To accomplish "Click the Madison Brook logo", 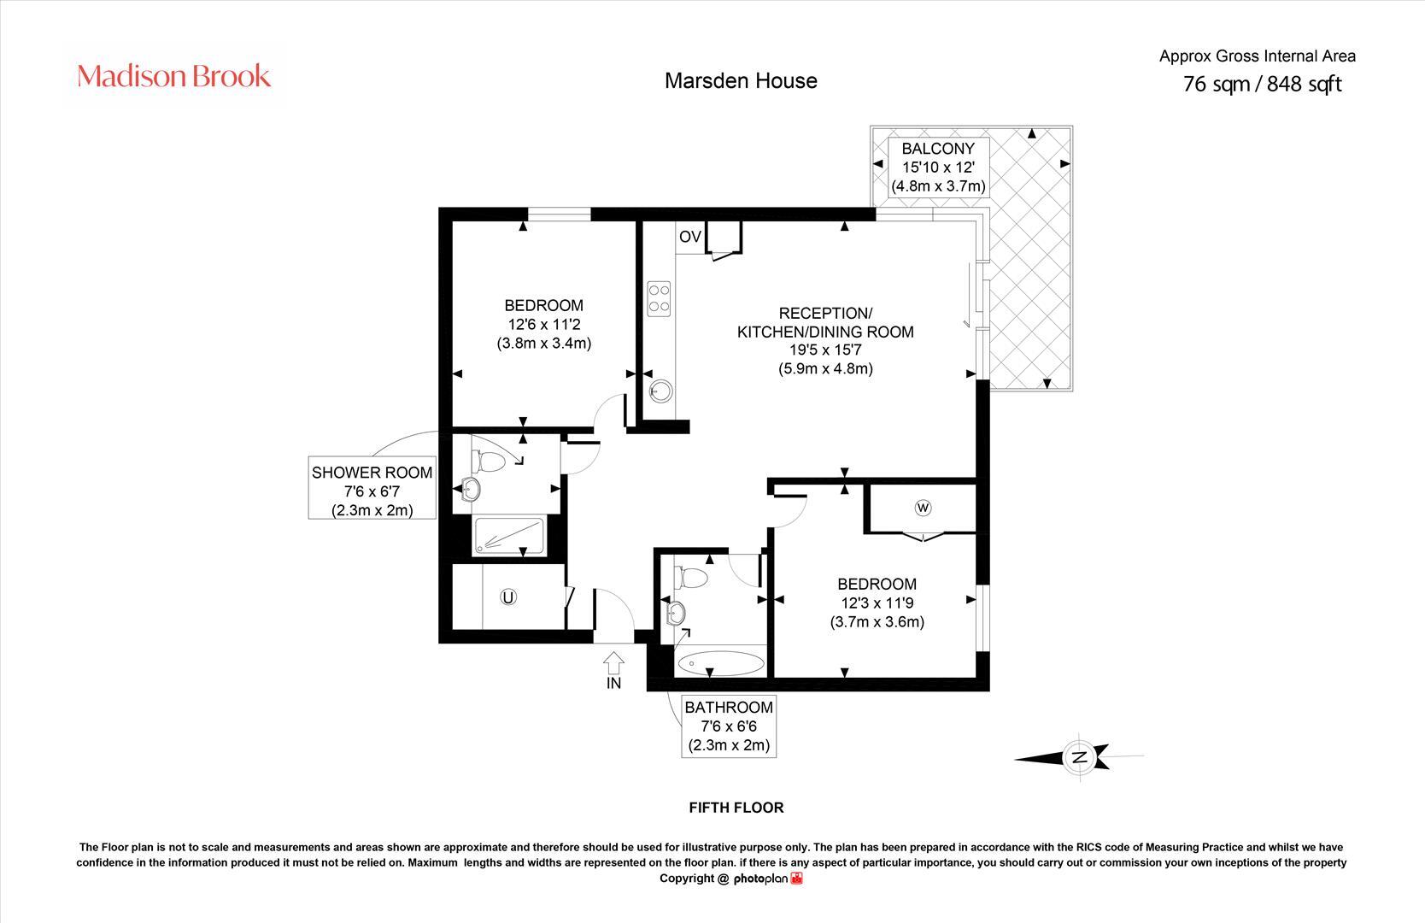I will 174,77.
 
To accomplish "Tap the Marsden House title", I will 741,81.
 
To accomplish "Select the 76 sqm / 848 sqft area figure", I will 1262,84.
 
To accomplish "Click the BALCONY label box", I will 938,167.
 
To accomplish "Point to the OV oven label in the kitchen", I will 689,237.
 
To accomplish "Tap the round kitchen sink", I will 660,391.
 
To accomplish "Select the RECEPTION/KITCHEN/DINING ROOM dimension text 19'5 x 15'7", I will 824,350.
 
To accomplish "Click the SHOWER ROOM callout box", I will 372,491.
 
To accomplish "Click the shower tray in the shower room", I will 508,537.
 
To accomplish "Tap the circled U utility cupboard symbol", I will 508,597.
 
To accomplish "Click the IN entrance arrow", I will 613,664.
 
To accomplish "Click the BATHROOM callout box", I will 729,726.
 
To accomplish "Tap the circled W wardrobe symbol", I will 923,508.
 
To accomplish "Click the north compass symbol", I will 1078,757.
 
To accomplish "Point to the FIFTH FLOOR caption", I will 736,808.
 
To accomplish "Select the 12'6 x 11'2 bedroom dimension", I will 543,325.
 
